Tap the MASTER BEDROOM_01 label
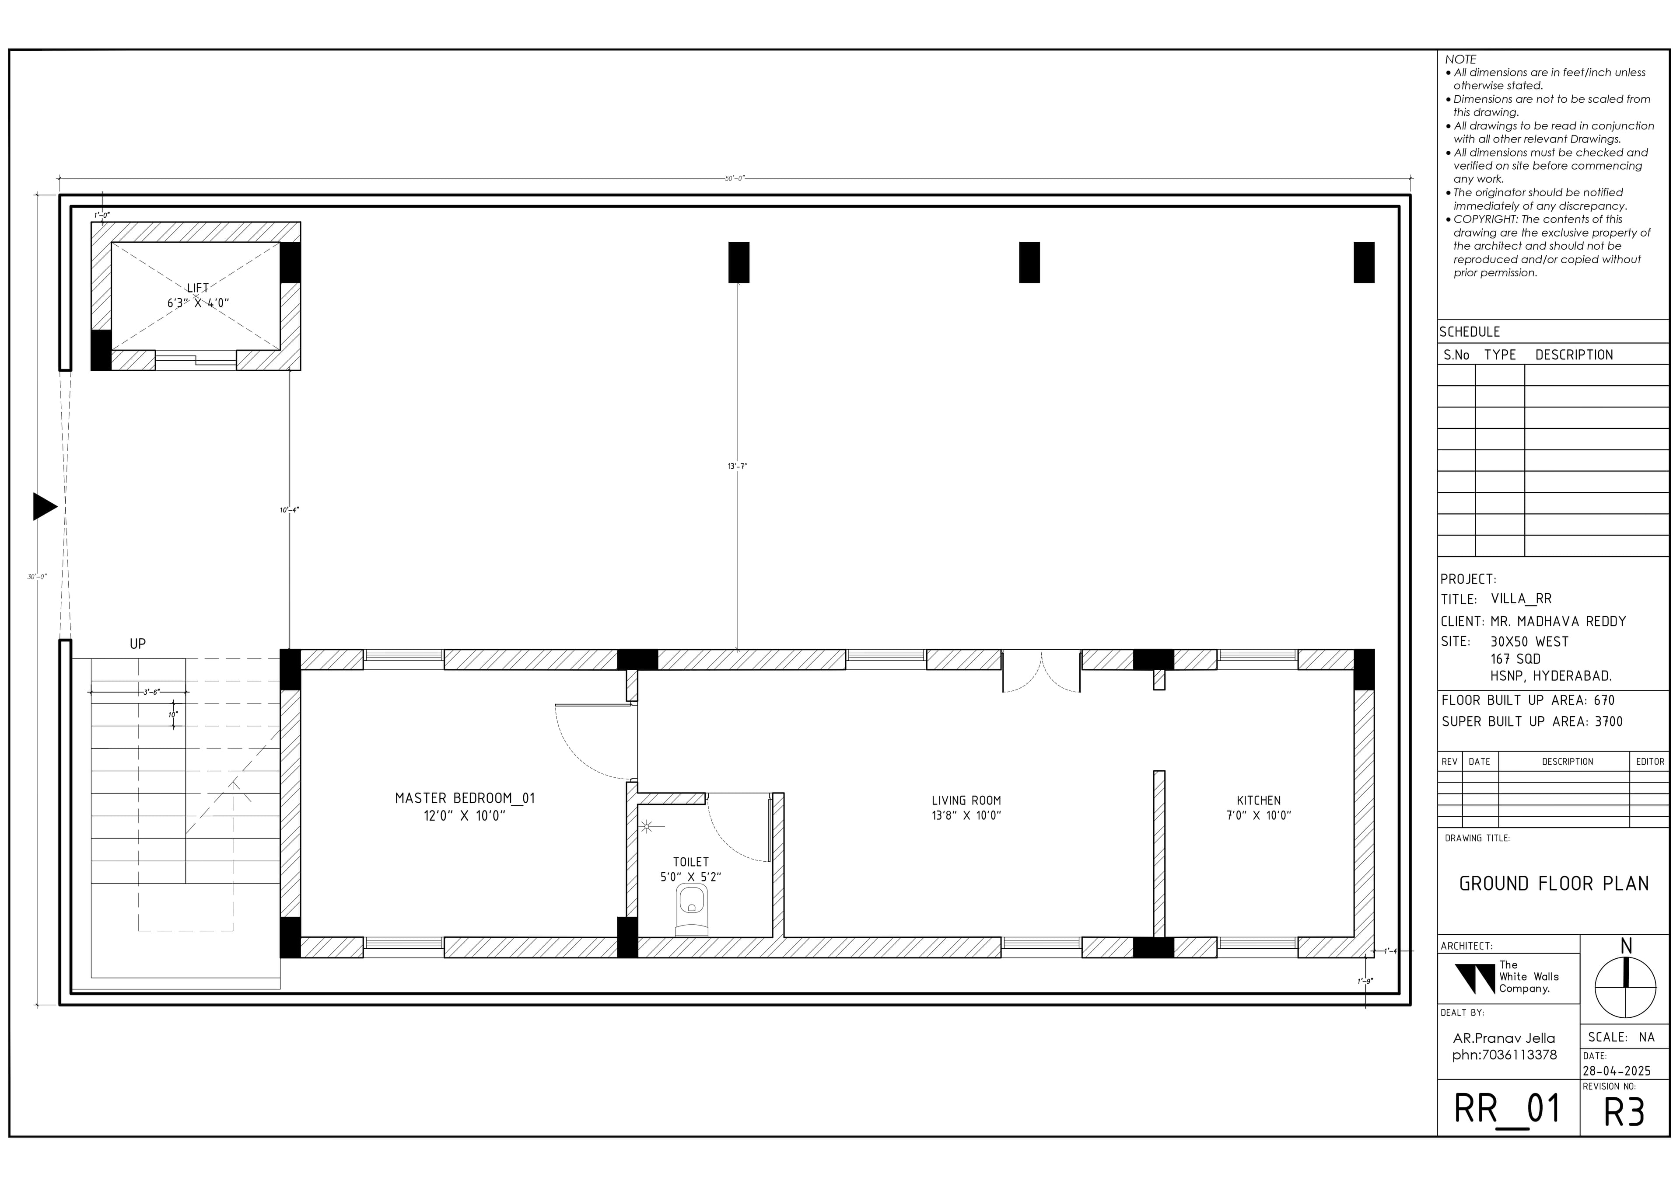465,798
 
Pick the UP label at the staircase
137,644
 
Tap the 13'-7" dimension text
738,466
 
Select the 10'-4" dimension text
290,510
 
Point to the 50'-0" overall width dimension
735,178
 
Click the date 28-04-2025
1617,1071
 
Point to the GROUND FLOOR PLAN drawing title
1554,884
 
